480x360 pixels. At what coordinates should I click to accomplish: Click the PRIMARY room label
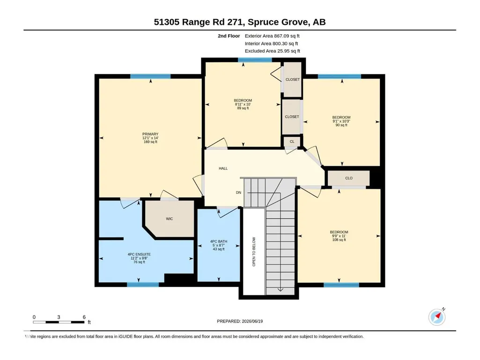click(150, 134)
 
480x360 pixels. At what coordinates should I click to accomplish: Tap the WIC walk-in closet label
click(169, 219)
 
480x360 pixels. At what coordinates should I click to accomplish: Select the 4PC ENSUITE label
click(139, 254)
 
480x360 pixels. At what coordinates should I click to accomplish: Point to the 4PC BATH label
click(219, 242)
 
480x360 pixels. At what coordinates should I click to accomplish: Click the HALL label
click(223, 169)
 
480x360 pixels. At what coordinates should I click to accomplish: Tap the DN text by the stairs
click(238, 192)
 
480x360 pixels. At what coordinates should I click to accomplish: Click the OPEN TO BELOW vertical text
click(254, 252)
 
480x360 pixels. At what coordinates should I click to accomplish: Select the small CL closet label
click(292, 141)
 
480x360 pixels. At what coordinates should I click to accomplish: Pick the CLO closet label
click(349, 178)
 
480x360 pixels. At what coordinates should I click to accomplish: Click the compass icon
click(437, 317)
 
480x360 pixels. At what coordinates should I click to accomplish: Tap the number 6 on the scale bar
click(84, 317)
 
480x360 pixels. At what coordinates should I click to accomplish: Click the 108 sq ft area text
click(339, 240)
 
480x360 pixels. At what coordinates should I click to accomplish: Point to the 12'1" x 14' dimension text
click(150, 138)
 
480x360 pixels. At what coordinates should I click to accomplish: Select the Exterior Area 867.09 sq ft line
click(272, 36)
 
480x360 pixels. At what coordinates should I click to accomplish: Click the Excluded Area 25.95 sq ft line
click(273, 51)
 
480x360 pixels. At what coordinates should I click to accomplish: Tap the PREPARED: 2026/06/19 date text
click(240, 321)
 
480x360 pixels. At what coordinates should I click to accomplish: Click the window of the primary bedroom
click(150, 76)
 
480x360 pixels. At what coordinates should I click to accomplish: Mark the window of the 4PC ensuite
click(143, 285)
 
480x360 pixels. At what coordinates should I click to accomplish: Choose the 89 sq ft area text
click(243, 108)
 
